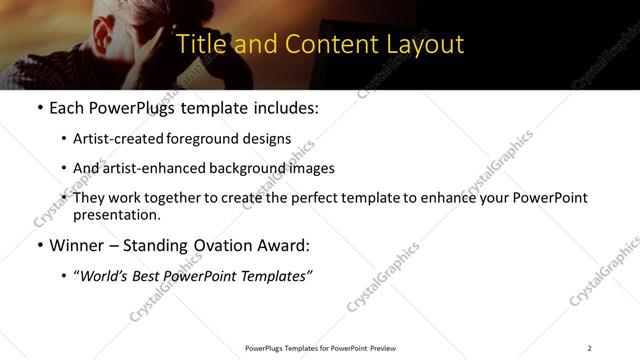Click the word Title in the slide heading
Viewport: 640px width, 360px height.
(x=200, y=45)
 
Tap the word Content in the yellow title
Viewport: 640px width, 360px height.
(x=320, y=45)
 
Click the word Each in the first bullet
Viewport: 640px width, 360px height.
(x=67, y=107)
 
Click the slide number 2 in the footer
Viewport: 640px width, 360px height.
(x=589, y=348)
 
